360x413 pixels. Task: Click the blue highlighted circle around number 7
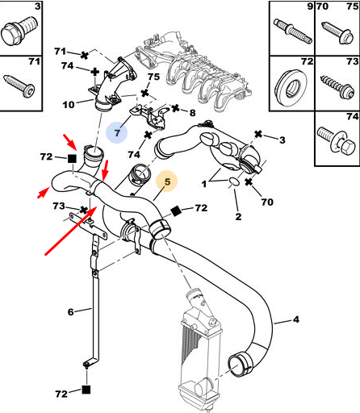click(116, 132)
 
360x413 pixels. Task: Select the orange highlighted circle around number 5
click(167, 181)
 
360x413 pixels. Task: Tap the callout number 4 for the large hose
click(295, 319)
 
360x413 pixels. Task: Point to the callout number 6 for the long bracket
click(70, 312)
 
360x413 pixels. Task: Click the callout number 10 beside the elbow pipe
click(69, 105)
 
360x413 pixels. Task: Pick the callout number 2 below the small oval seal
click(238, 216)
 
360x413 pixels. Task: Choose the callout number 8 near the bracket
click(192, 113)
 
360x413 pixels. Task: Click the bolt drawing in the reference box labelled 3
click(19, 31)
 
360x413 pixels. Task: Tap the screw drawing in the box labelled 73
click(337, 87)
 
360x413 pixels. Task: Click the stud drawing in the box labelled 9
click(293, 31)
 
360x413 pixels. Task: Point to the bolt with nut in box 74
click(337, 142)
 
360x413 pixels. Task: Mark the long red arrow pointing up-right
click(71, 231)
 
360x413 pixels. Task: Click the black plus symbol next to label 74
click(94, 72)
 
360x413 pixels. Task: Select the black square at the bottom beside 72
click(86, 390)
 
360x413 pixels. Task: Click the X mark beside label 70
click(249, 182)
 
